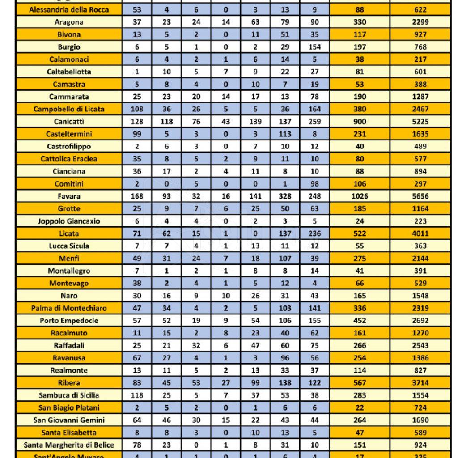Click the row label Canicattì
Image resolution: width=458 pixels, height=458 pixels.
(x=69, y=122)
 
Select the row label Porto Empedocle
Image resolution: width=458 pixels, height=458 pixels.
(x=69, y=321)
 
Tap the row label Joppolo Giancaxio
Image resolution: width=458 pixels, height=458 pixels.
(x=69, y=221)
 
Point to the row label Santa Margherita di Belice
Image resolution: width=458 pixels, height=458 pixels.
(x=69, y=445)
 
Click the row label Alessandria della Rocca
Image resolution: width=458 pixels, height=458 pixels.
(x=69, y=9)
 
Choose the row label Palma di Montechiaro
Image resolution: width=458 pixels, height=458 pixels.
(x=69, y=308)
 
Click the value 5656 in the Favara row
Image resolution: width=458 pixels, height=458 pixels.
(x=420, y=196)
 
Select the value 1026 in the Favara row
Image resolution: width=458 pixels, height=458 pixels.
(x=360, y=196)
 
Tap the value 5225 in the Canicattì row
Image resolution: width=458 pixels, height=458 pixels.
(x=420, y=122)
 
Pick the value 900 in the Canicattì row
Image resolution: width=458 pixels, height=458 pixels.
(x=360, y=122)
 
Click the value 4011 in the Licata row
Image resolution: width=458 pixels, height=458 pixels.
(x=420, y=233)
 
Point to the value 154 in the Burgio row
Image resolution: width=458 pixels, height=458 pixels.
(x=315, y=47)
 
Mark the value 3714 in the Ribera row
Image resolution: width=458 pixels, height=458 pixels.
(x=420, y=383)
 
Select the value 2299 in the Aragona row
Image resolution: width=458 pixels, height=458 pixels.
(x=420, y=22)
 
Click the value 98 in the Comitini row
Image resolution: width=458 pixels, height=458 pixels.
(x=315, y=184)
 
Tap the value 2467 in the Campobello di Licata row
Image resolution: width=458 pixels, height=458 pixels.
(x=420, y=109)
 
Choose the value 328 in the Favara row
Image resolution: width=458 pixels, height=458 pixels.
(x=285, y=196)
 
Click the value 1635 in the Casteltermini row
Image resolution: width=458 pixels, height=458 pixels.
(x=420, y=134)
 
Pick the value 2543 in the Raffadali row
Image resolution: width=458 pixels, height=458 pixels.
(x=420, y=345)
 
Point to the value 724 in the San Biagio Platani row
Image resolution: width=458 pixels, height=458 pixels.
(x=420, y=408)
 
